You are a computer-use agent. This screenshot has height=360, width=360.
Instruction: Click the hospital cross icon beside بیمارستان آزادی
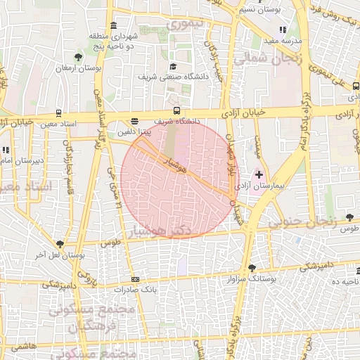[x=259, y=174]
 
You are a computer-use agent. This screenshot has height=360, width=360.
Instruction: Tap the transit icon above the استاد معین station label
[x=58, y=113]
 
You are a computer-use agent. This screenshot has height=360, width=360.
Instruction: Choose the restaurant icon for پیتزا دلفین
[x=135, y=121]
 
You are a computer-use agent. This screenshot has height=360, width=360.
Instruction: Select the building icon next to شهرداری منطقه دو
[x=114, y=25]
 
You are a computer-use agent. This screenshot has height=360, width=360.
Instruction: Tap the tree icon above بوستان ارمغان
[x=78, y=57]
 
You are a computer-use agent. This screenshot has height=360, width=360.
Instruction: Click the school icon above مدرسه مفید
[x=283, y=30]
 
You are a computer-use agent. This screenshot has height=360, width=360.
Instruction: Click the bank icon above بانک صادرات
[x=134, y=279]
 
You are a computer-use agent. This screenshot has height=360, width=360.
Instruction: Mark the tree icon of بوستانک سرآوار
[x=252, y=268]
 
